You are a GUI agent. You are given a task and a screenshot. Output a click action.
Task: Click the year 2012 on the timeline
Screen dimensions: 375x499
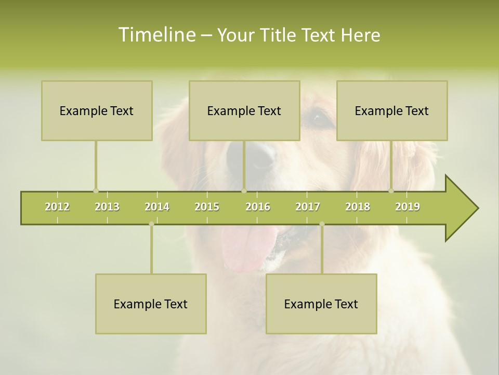pyautogui.click(x=57, y=207)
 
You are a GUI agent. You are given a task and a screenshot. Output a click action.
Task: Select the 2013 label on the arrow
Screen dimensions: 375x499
pyautogui.click(x=107, y=207)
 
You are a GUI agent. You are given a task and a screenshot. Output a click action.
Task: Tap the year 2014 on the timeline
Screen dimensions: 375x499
pyautogui.click(x=157, y=207)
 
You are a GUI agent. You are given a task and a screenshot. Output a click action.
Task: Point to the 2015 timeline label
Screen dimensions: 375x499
pyautogui.click(x=207, y=207)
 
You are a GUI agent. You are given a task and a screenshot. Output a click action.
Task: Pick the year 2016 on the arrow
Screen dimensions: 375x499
pyautogui.click(x=258, y=207)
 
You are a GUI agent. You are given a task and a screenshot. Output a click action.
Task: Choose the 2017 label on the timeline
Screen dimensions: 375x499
pyautogui.click(x=308, y=207)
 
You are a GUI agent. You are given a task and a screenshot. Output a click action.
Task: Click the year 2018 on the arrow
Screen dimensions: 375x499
pyautogui.click(x=358, y=207)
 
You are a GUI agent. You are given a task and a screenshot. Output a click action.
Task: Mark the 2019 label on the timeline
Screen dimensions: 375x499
pyautogui.click(x=408, y=207)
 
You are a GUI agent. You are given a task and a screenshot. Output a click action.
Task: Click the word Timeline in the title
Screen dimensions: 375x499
pyautogui.click(x=156, y=35)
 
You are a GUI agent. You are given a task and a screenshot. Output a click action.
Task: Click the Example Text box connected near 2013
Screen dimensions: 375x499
pyautogui.click(x=97, y=110)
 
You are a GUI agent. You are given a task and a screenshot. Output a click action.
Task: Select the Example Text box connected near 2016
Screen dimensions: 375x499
pyautogui.click(x=244, y=110)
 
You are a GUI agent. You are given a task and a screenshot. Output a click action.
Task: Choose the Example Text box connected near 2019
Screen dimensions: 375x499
pyautogui.click(x=392, y=110)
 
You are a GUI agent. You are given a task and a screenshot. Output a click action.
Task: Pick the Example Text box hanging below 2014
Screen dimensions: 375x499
pyautogui.click(x=151, y=304)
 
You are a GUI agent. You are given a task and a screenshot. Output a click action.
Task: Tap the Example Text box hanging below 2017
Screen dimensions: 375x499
pyautogui.click(x=321, y=304)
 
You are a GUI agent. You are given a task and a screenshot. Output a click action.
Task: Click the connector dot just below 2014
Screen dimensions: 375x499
pyautogui.click(x=151, y=224)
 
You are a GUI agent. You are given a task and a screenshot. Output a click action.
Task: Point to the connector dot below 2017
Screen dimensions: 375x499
pyautogui.click(x=322, y=224)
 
